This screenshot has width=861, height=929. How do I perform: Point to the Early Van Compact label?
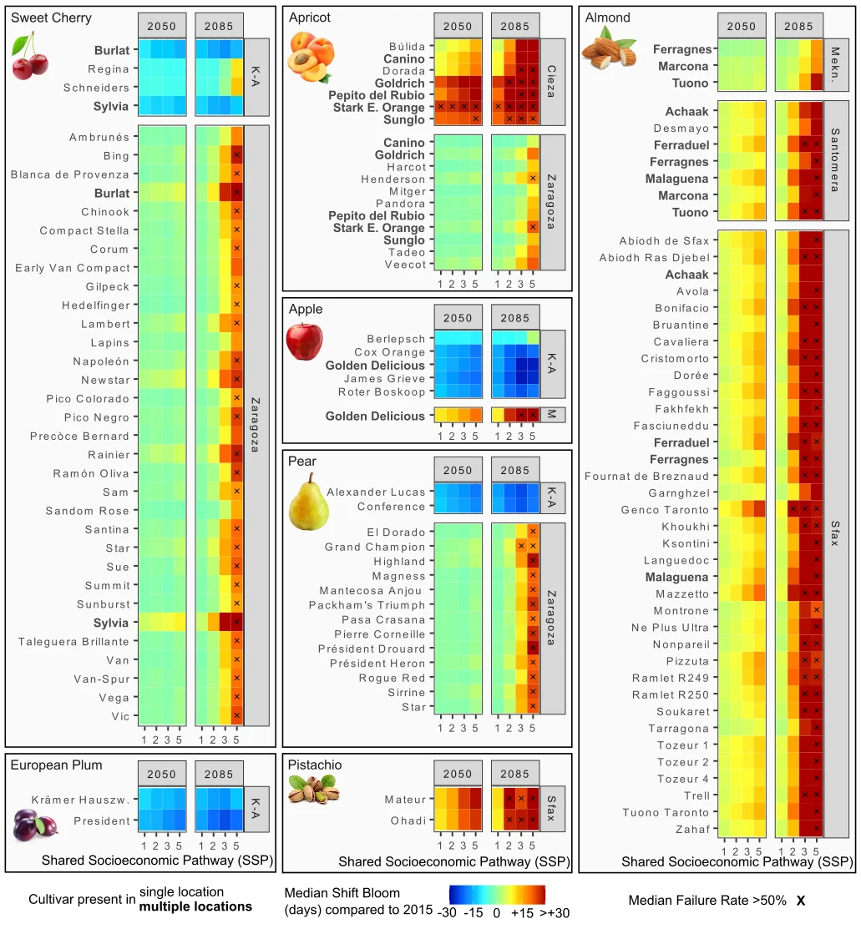point(73,268)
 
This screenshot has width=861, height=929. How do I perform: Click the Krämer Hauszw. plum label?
point(80,800)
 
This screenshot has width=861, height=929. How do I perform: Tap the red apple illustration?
point(303,341)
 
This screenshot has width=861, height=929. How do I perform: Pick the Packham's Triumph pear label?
point(367,605)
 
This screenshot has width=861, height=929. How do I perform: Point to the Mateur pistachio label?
point(404,800)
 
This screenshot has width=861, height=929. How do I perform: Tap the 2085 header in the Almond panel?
point(798,26)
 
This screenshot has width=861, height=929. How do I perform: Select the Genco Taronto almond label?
point(665,510)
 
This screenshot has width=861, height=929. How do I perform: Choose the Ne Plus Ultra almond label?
point(670,628)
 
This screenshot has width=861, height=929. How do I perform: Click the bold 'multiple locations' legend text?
point(195,906)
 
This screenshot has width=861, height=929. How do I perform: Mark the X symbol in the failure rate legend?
point(800,901)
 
